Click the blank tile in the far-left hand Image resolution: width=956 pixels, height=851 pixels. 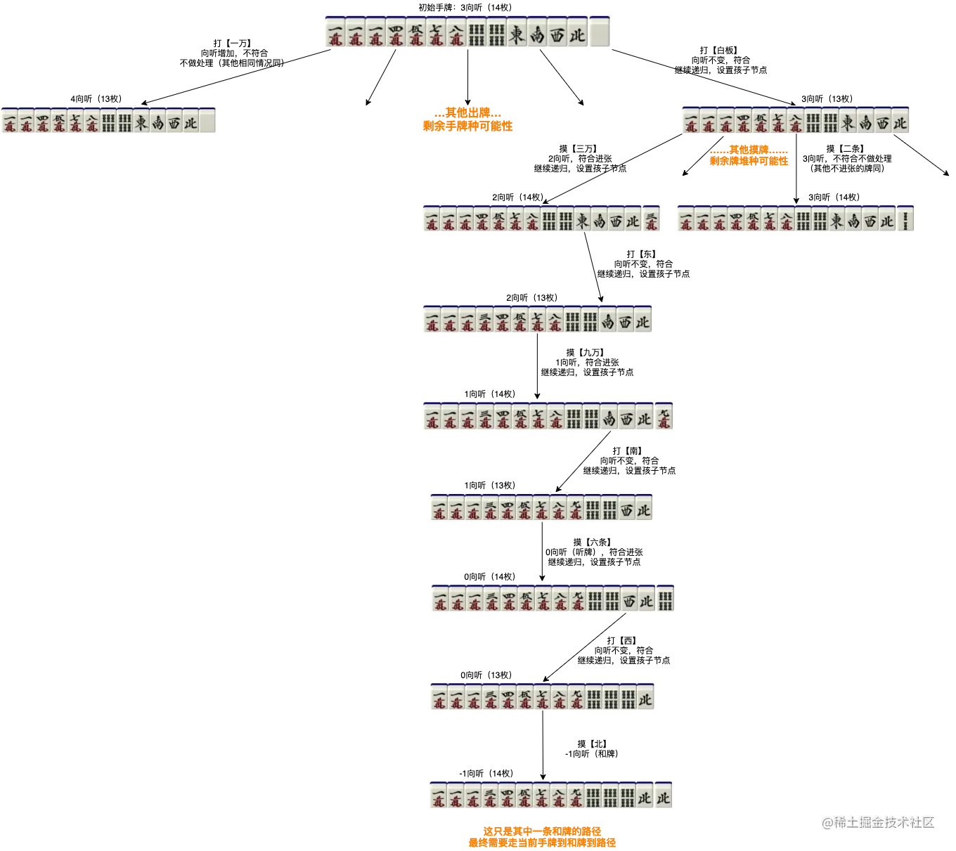click(207, 122)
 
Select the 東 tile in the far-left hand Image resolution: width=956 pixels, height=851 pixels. click(141, 122)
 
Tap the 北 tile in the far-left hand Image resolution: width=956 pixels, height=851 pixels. click(190, 122)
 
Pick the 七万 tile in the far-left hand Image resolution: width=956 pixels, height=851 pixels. click(75, 122)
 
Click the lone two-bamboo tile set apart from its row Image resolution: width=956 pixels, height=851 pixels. click(905, 221)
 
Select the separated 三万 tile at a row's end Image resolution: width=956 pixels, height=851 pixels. click(652, 221)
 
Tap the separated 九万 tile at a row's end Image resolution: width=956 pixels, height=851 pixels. click(664, 417)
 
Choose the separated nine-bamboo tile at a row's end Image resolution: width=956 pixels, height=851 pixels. click(665, 599)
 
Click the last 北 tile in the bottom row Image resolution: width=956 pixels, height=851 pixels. click(663, 795)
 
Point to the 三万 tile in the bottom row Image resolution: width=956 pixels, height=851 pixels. click(490, 795)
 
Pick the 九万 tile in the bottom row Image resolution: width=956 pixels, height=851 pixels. click(576, 795)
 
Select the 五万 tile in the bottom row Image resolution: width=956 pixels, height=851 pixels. click(524, 795)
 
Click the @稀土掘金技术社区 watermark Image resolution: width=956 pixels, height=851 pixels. click(877, 821)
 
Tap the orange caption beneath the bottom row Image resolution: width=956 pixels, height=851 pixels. click(542, 837)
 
